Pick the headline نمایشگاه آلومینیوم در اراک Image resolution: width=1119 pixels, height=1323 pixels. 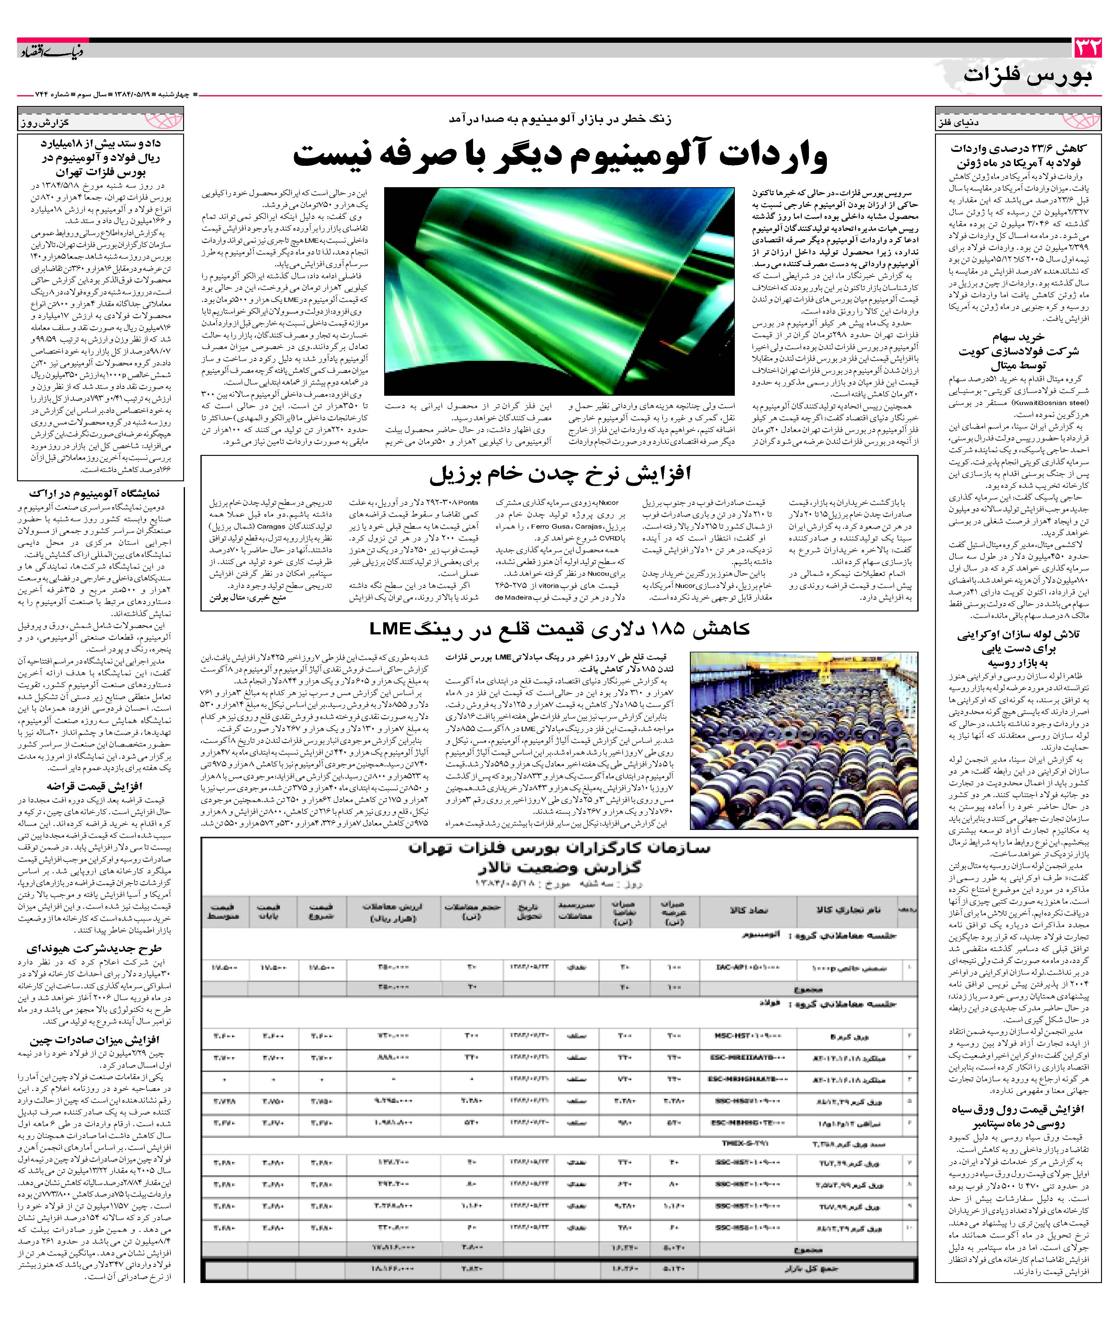[x=94, y=493]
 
